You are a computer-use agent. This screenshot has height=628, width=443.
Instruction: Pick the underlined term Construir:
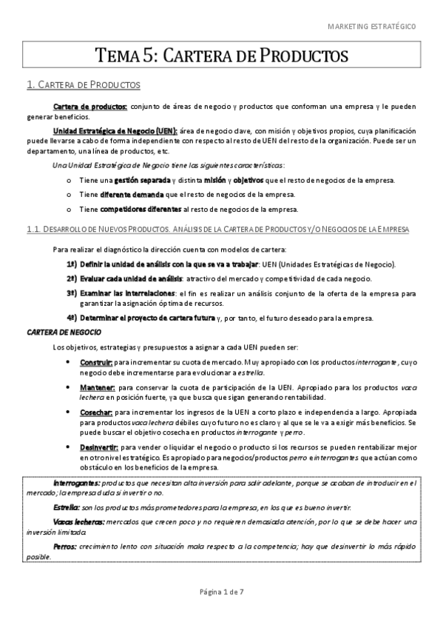[x=96, y=362]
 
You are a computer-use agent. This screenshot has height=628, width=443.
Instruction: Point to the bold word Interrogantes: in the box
[x=79, y=483]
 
